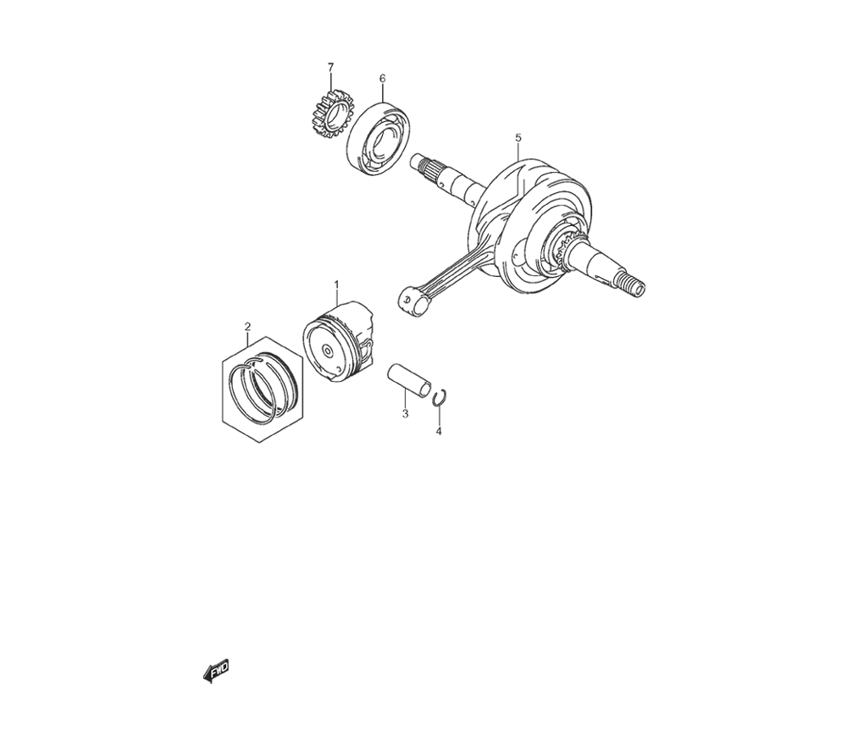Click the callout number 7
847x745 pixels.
point(330,67)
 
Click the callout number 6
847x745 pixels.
point(383,79)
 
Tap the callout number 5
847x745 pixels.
point(518,138)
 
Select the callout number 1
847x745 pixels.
point(336,284)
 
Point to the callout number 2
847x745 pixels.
point(247,327)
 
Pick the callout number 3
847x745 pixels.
point(405,414)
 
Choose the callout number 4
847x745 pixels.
point(439,431)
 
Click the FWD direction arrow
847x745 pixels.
point(215,671)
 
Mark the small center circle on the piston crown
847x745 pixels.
point(326,350)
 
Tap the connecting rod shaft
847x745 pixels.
point(455,272)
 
